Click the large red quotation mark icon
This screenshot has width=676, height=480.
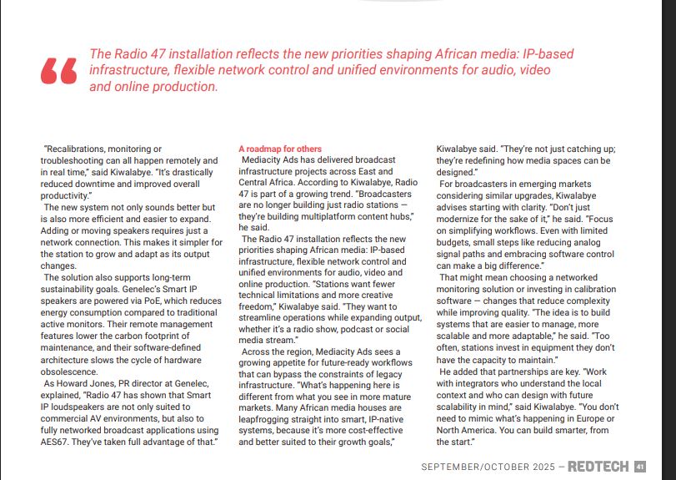pyautogui.click(x=58, y=72)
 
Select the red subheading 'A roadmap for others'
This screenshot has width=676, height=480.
pyautogui.click(x=279, y=149)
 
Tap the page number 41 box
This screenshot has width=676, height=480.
pyautogui.click(x=640, y=467)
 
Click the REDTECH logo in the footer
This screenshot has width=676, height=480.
pyautogui.click(x=599, y=467)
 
